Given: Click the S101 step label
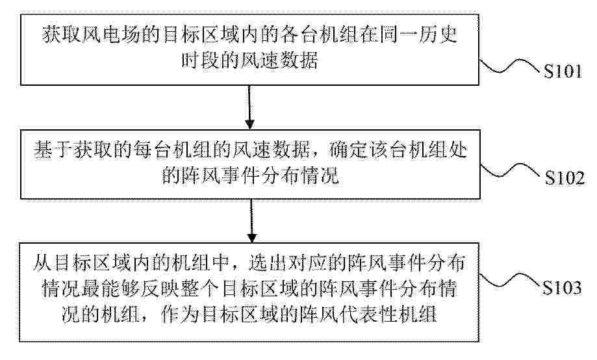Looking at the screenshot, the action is coord(563,71).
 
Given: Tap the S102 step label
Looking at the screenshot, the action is coord(565,177).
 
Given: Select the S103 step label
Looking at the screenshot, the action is coord(562,287).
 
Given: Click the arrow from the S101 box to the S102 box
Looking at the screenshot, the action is coord(249,107).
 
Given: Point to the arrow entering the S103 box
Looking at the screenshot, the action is coord(251,220).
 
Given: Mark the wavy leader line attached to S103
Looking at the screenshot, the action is coord(509,280).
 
